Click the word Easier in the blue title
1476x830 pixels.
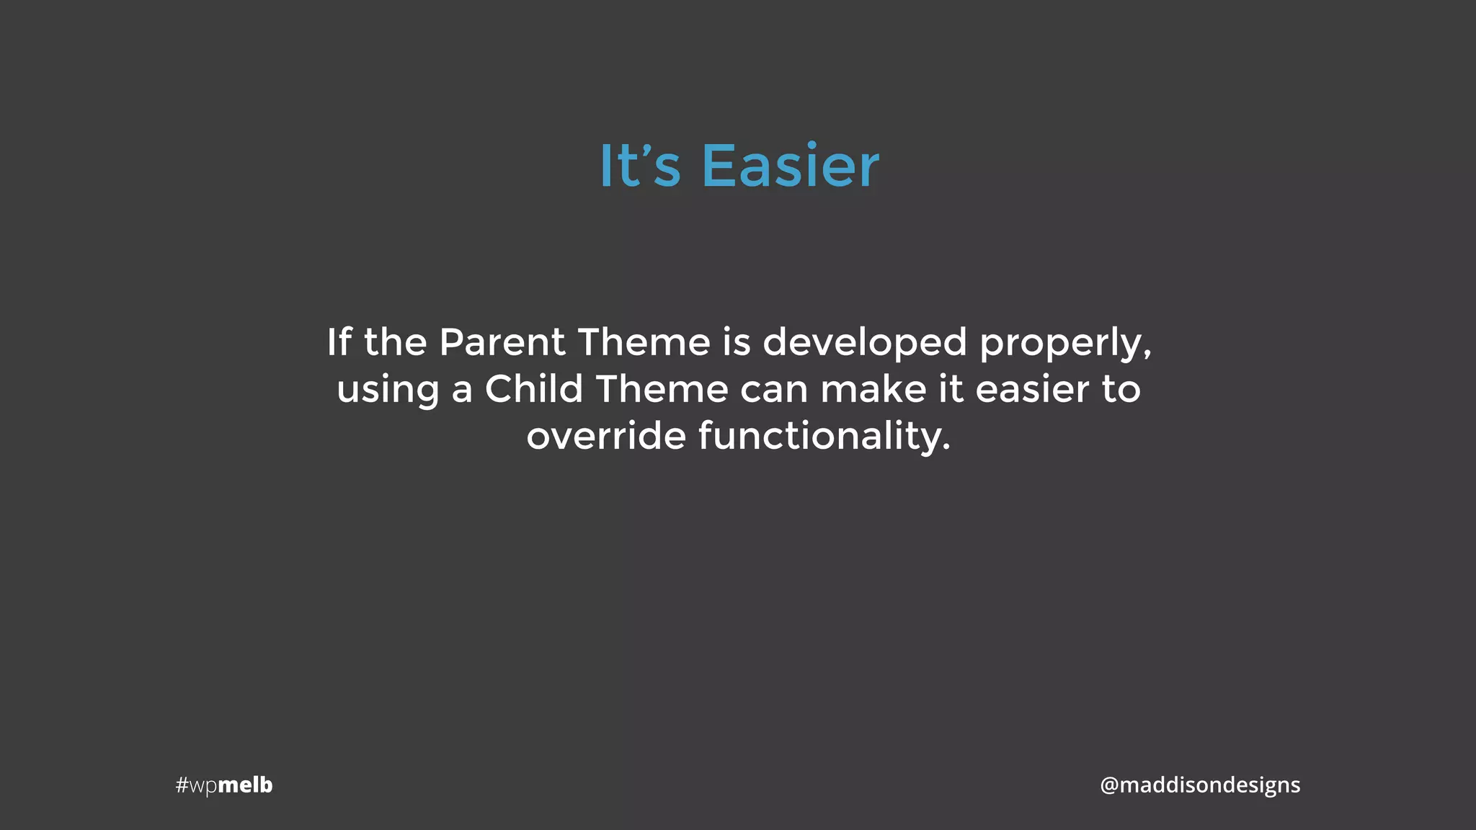[790, 166]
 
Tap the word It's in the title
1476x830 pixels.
[639, 166]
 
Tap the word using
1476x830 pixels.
[388, 391]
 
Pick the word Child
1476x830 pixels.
[533, 389]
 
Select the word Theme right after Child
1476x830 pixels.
[662, 389]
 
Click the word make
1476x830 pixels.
[873, 389]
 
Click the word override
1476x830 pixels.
[605, 436]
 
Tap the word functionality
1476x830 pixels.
[824, 437]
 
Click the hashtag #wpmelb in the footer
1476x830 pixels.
[224, 785]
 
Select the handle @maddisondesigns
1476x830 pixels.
[1200, 785]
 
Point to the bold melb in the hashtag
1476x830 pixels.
[245, 785]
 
